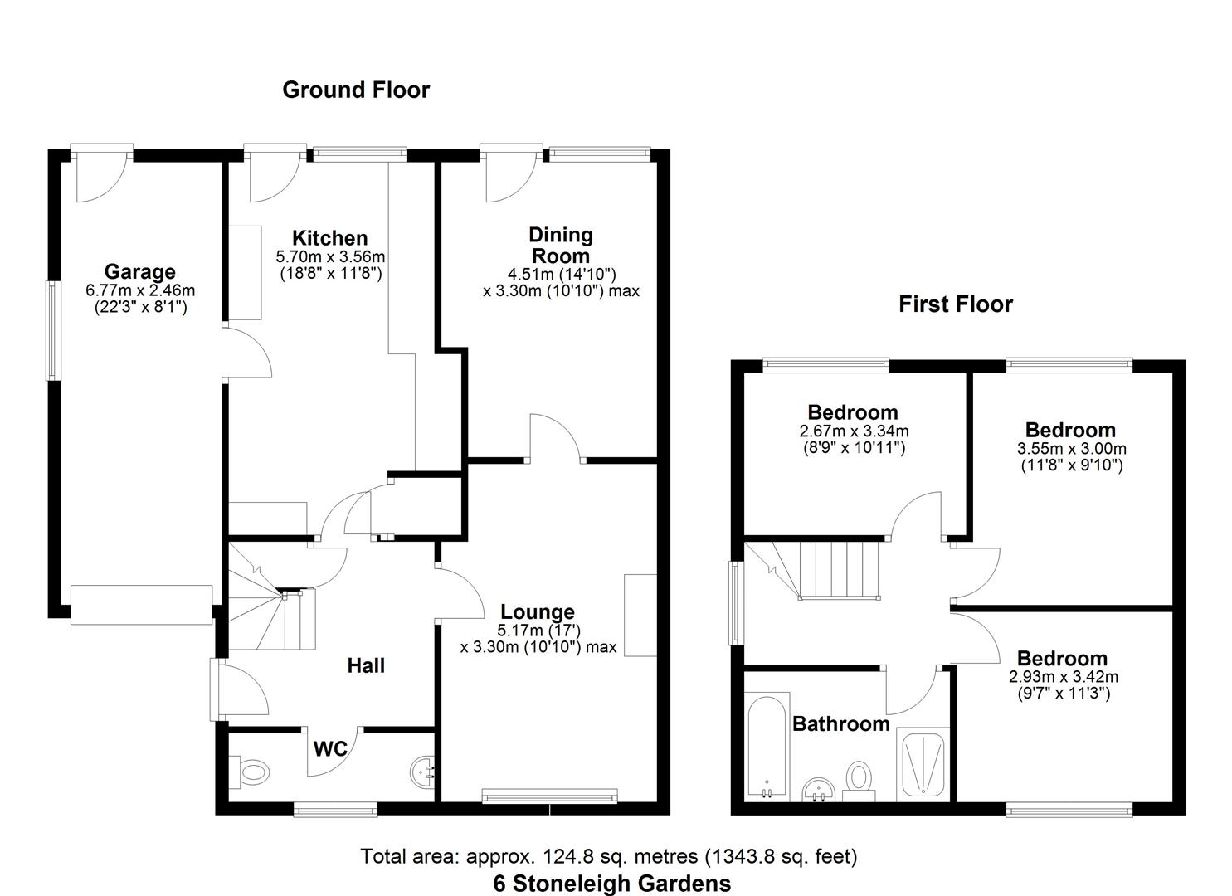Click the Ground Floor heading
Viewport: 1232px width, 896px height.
[356, 90]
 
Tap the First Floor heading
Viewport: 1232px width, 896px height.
[956, 304]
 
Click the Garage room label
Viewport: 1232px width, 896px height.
[139, 271]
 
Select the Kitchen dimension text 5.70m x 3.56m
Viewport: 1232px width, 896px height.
[330, 257]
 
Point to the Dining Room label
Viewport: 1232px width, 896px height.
[561, 245]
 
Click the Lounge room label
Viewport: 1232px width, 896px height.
[538, 612]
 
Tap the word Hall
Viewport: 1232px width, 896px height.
[366, 665]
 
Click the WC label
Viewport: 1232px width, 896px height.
[330, 749]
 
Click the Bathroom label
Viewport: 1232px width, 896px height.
[840, 723]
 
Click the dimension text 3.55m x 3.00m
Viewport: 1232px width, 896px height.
[1071, 449]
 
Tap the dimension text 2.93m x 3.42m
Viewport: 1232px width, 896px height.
[1063, 677]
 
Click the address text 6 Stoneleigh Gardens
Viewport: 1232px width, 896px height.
[612, 884]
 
